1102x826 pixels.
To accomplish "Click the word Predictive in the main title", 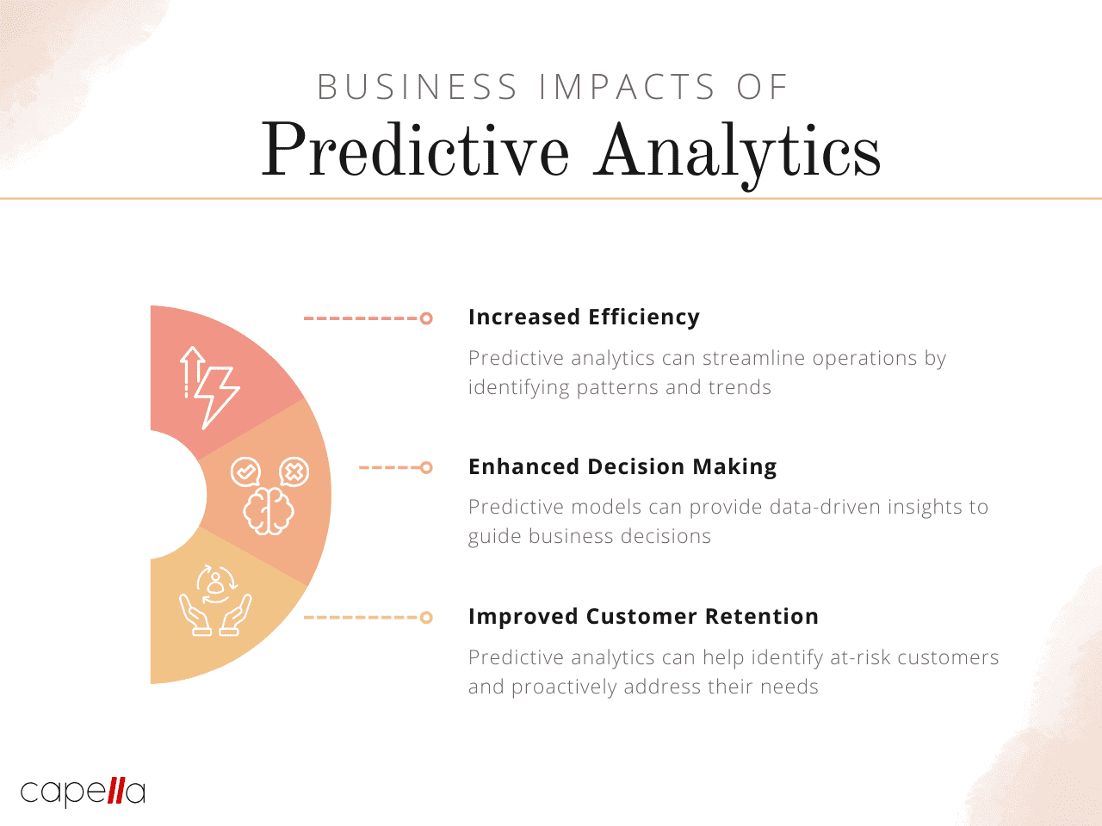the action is pos(415,149).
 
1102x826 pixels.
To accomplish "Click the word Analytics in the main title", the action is pos(737,153).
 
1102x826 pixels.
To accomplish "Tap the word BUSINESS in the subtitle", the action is pos(418,87).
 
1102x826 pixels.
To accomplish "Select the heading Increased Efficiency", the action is pos(584,317).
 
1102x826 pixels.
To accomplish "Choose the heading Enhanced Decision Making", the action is pos(622,466).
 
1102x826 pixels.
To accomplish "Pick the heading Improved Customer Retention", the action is pos(644,616).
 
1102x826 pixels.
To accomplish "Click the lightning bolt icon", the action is pos(218,398).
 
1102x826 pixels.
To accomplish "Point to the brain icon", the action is pos(269,511).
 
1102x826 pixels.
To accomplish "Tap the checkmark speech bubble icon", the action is pos(245,472).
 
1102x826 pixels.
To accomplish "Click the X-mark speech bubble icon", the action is pos(294,472).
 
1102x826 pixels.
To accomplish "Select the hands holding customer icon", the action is pos(215,601).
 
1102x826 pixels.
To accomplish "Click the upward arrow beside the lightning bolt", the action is pos(191,372).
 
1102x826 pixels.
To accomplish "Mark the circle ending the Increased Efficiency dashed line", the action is pos(426,318).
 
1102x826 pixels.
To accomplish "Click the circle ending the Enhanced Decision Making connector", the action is pos(426,467).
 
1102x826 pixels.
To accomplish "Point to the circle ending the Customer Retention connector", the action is pos(426,618).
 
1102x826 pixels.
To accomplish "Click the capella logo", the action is pos(83,792).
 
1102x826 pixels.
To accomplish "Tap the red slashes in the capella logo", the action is pos(116,791).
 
